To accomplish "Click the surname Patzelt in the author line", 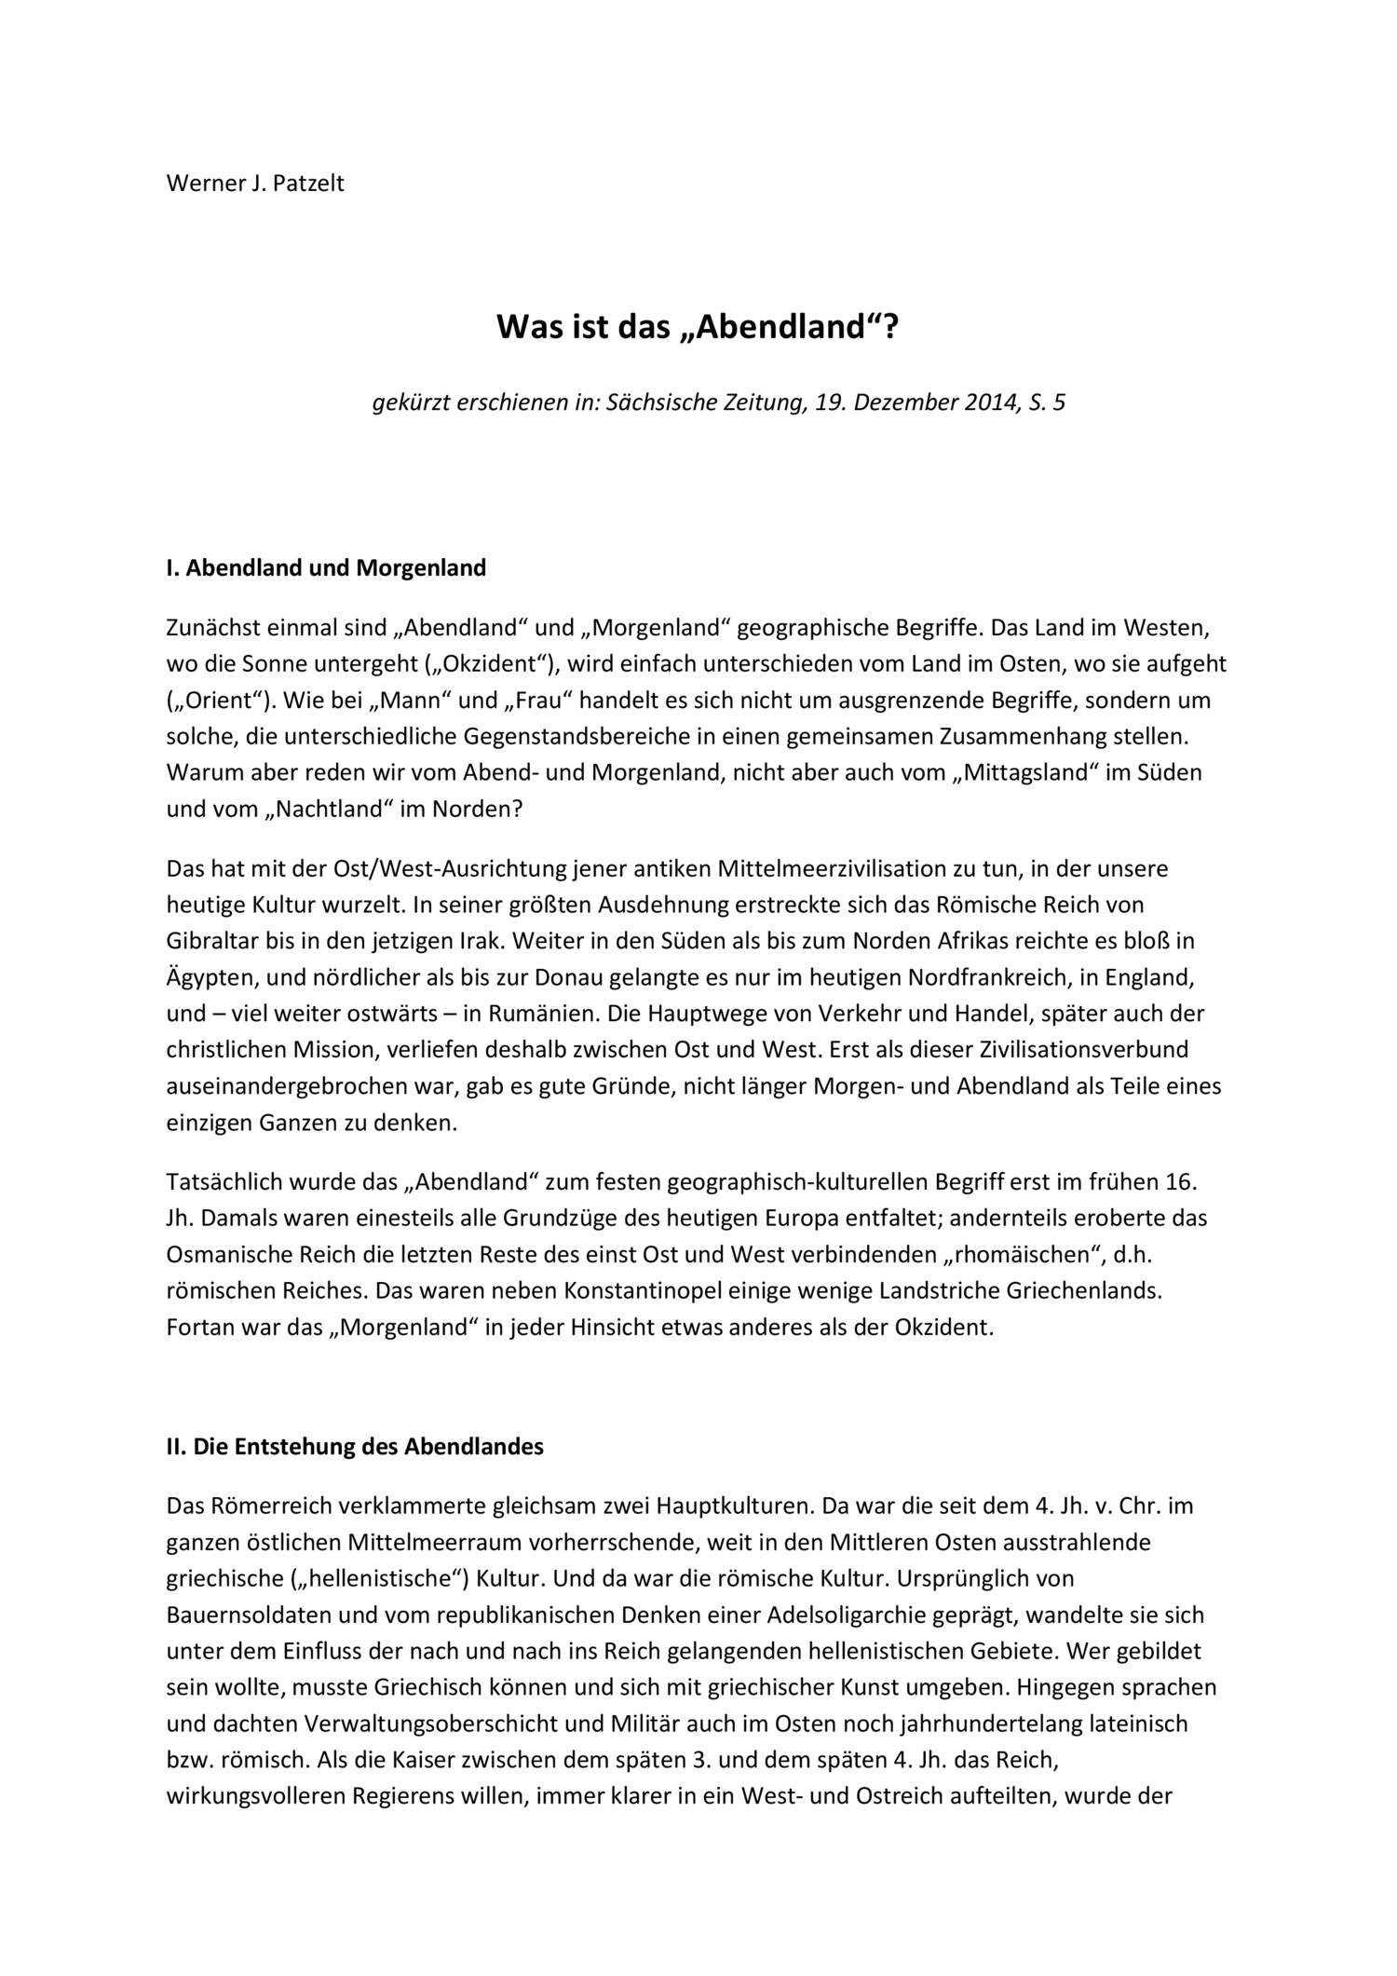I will coord(308,183).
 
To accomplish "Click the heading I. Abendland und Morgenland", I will coord(326,568).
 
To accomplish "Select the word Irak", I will coord(481,941).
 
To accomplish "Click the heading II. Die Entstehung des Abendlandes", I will coord(355,1447).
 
